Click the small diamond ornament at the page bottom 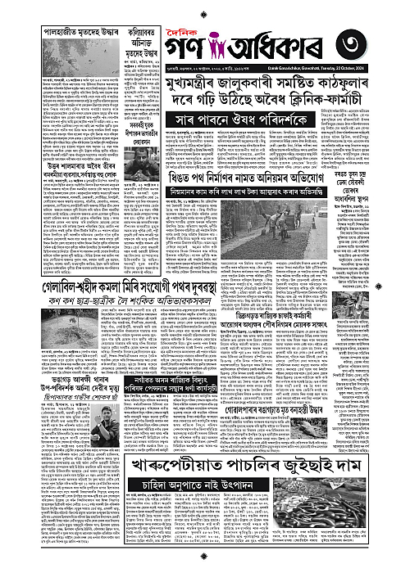click(x=205, y=566)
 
